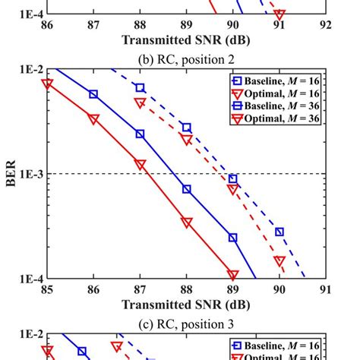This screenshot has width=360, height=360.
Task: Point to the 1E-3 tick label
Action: pyautogui.click(x=30, y=174)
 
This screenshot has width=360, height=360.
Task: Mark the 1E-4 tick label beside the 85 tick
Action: pyautogui.click(x=30, y=279)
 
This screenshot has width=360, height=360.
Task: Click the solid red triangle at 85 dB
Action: pyautogui.click(x=47, y=84)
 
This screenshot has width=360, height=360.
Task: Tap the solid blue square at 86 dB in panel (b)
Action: pyautogui.click(x=93, y=94)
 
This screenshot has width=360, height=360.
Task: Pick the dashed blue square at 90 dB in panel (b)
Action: pyautogui.click(x=279, y=232)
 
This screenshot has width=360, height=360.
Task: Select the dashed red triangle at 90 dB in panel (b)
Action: pyautogui.click(x=279, y=261)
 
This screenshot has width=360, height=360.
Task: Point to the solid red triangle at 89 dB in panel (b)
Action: pyautogui.click(x=233, y=275)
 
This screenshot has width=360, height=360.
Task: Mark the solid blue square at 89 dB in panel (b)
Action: pyautogui.click(x=233, y=238)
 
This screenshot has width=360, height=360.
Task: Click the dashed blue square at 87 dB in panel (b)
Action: pyautogui.click(x=141, y=88)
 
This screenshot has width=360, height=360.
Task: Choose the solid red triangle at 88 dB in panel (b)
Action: pyautogui.click(x=187, y=223)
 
